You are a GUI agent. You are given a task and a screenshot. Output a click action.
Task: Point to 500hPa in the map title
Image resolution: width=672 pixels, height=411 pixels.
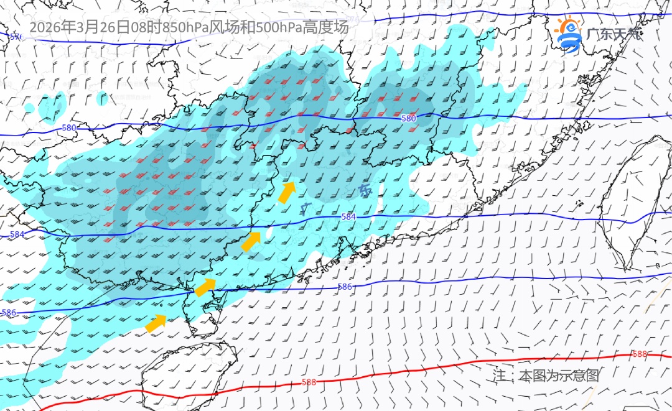(279, 27)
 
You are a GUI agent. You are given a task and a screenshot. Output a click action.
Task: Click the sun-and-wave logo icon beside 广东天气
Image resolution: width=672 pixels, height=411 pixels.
(568, 35)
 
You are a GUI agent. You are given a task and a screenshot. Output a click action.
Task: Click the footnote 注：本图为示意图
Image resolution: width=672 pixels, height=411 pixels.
(546, 376)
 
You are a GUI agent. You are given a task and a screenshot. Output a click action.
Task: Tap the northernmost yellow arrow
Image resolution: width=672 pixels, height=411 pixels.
(286, 193)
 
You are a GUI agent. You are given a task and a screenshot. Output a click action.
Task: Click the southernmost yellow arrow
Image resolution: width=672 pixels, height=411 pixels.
(156, 322)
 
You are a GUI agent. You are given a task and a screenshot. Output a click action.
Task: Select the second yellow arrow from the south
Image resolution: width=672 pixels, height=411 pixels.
(205, 287)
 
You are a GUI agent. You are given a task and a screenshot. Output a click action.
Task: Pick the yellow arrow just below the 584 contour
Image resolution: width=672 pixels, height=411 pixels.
(251, 241)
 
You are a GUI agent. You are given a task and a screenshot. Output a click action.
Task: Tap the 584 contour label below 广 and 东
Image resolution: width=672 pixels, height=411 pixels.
(348, 216)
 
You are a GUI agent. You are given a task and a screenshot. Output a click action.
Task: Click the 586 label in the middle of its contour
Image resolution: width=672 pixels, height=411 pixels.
(345, 287)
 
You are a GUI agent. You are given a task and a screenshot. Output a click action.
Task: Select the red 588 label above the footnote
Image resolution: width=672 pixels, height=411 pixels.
(639, 354)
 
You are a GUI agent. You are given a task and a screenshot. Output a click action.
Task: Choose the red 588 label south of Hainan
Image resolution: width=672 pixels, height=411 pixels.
(309, 382)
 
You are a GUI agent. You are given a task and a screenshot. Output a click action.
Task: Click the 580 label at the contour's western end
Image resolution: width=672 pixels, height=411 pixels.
(69, 128)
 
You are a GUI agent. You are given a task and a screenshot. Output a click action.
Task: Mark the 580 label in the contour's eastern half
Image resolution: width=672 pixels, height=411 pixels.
(408, 118)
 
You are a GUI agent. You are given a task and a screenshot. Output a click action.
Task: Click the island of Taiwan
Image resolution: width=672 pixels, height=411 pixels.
(628, 199)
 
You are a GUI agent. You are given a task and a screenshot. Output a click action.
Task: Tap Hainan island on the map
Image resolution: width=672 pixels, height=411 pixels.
(187, 373)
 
